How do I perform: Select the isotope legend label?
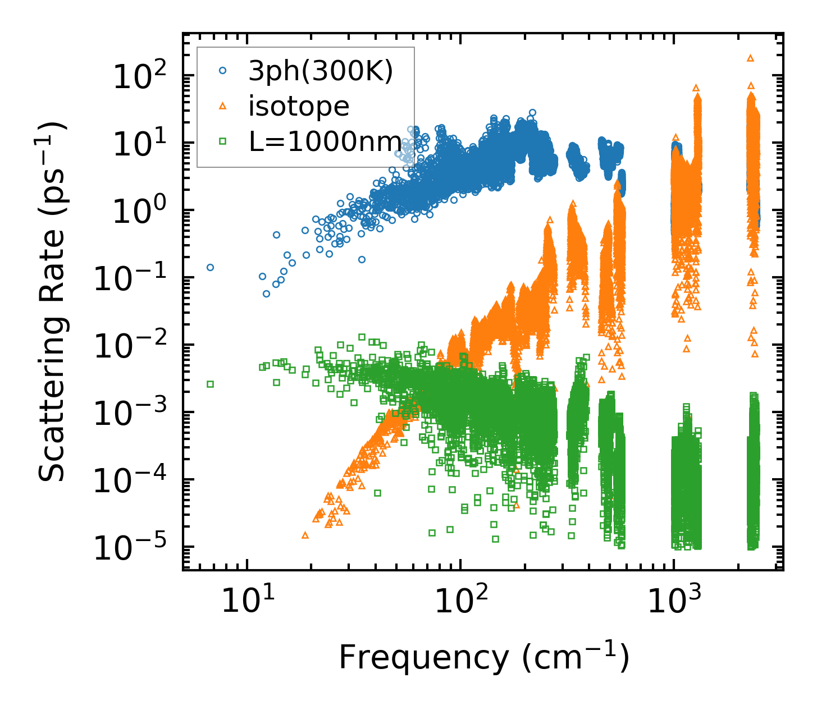(299, 106)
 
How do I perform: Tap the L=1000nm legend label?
(326, 141)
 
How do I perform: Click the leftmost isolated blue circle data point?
(211, 267)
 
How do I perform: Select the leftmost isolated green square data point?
(211, 384)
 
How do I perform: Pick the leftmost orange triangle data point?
(305, 535)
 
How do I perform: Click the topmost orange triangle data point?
(750, 58)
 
